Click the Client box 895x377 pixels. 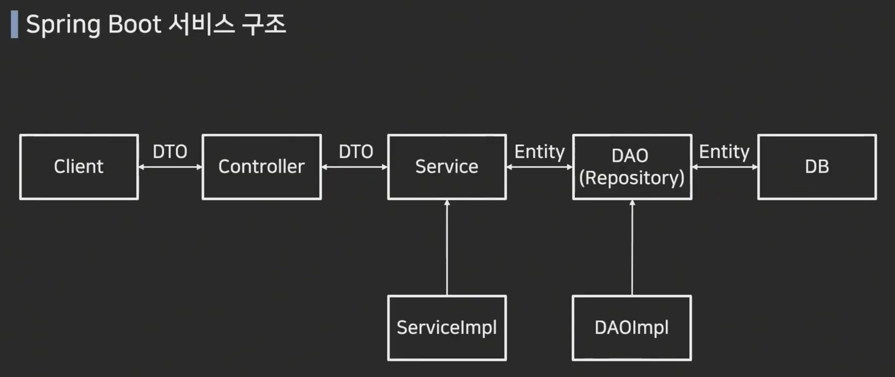click(x=79, y=167)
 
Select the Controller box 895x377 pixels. click(x=261, y=167)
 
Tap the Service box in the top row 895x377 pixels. click(x=446, y=167)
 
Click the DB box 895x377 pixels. click(x=817, y=167)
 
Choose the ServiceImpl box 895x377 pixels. click(x=446, y=328)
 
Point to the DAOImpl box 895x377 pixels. click(x=631, y=328)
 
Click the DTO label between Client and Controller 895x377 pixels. click(x=170, y=152)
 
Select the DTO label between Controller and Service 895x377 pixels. click(x=356, y=152)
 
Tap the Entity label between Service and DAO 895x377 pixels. click(x=539, y=152)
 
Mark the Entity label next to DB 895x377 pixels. click(x=724, y=152)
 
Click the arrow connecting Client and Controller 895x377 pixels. click(x=170, y=167)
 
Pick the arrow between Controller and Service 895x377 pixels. click(x=354, y=167)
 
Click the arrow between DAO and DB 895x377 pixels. click(x=725, y=167)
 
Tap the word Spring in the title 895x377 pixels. click(x=63, y=25)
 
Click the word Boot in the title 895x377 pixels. click(x=134, y=25)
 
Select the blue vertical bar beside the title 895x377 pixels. click(x=14, y=25)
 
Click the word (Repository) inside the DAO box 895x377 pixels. click(x=631, y=178)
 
